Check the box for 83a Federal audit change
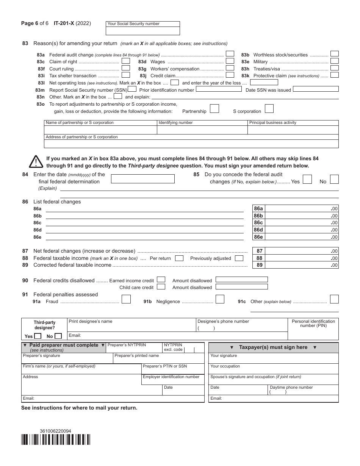coord(230,54)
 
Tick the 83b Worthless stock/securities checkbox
coord(334,54)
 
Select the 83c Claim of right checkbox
coord(126,61)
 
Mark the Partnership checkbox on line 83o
coord(214,109)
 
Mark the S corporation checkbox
coord(269,109)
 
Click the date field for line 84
coord(142,179)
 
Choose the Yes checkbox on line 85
coord(307,179)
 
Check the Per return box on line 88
coord(179,258)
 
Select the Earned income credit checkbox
coord(161,280)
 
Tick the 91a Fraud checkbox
coord(126,299)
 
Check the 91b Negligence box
coord(220,299)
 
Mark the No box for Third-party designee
coord(58,336)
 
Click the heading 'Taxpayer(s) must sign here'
coord(273,347)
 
